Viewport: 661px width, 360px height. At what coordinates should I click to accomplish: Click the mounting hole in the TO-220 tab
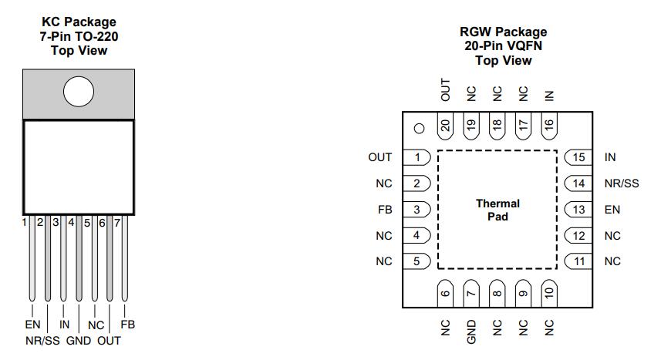(x=79, y=93)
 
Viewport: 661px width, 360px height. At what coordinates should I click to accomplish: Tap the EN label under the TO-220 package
(x=32, y=325)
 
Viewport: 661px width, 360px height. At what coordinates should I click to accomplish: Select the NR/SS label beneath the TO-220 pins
(x=43, y=340)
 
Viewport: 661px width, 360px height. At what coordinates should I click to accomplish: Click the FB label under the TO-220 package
(x=128, y=325)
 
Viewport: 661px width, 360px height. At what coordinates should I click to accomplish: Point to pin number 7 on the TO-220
(x=117, y=222)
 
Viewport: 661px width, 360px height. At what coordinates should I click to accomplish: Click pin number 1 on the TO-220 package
(x=24, y=222)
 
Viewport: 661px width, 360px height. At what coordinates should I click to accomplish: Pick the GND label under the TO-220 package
(x=79, y=340)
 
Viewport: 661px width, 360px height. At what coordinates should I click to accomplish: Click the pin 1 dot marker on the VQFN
(x=419, y=129)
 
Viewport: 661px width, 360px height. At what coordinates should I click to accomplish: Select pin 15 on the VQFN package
(x=579, y=157)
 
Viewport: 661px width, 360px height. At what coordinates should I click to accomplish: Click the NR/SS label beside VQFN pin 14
(x=622, y=183)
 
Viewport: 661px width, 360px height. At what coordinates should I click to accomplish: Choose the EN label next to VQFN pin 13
(x=612, y=210)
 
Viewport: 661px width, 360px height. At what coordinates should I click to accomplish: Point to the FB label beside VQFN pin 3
(x=384, y=210)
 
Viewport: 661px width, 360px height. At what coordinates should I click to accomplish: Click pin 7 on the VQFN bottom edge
(x=471, y=293)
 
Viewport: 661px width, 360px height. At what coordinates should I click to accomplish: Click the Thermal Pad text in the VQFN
(x=497, y=210)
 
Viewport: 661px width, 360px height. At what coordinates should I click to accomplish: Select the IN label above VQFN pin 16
(x=549, y=96)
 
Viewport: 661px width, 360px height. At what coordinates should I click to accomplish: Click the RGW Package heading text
(x=503, y=32)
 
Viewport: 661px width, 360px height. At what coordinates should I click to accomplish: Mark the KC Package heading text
(x=79, y=22)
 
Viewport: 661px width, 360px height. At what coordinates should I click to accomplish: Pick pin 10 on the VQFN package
(x=549, y=293)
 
